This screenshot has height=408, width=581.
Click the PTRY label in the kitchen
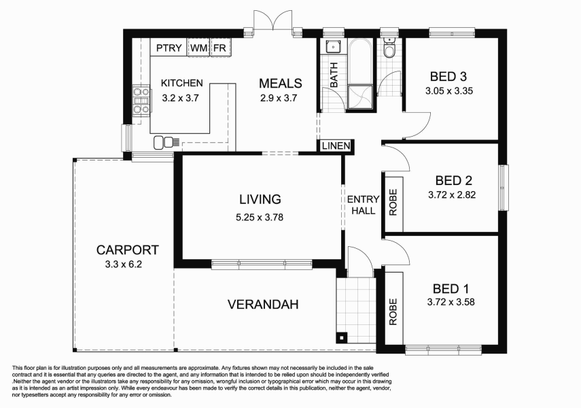coord(169,48)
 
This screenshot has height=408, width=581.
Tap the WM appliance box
coord(198,48)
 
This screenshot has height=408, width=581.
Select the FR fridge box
coord(220,48)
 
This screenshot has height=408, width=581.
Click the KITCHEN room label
coord(181,83)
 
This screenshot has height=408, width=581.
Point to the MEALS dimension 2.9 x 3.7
coord(280,98)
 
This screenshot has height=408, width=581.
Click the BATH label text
coord(334,75)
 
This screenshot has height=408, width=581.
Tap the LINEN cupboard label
coord(335,146)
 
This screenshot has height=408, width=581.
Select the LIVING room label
coord(260,199)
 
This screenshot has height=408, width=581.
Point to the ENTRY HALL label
coord(363,205)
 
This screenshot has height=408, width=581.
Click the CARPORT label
coord(127,250)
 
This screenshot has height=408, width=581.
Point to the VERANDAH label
coord(263,304)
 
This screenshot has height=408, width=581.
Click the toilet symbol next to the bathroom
coord(389,50)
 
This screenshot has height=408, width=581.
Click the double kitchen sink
coord(164,141)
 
